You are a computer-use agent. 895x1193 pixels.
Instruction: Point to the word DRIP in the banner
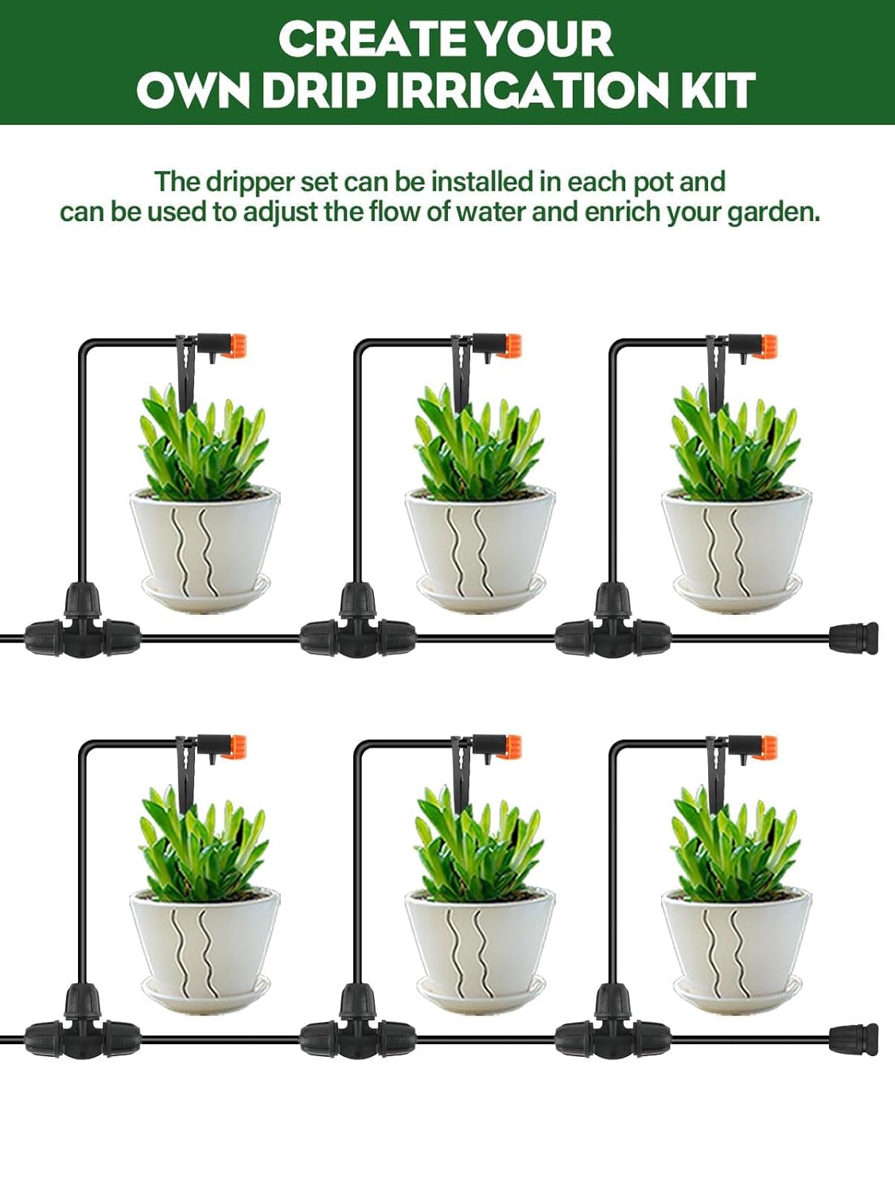[x=318, y=91]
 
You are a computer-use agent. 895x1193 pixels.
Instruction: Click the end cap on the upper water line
[x=853, y=637]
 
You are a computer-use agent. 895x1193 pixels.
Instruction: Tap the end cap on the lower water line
[x=853, y=1039]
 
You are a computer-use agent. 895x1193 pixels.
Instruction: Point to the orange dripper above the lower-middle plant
[x=509, y=748]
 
